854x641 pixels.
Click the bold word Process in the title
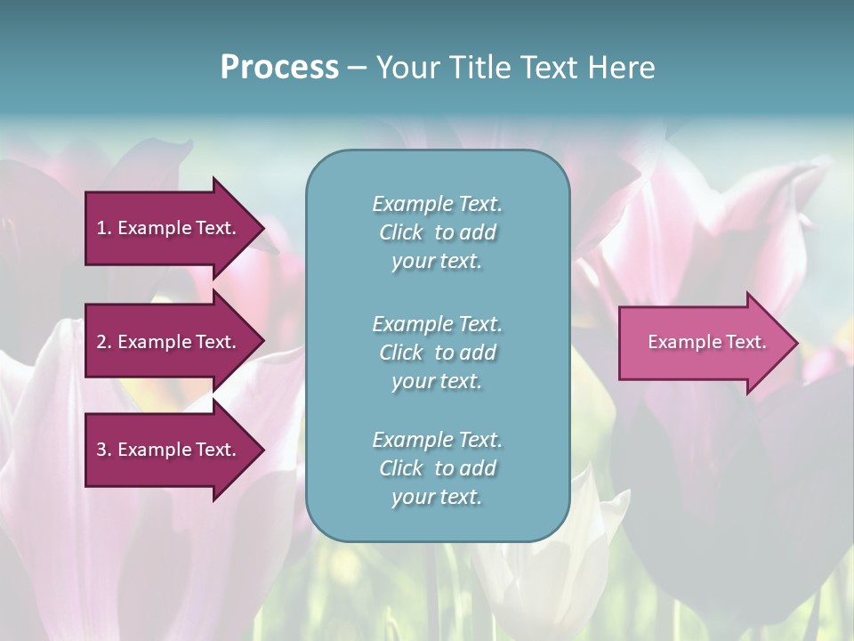[279, 68]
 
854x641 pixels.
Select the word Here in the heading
[621, 68]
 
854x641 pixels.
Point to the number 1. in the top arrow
[104, 228]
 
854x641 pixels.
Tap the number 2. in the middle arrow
[104, 342]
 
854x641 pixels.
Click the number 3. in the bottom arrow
[104, 450]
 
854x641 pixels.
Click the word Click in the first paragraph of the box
[401, 233]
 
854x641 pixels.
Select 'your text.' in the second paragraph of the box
[437, 381]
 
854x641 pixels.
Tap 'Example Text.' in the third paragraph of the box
[437, 440]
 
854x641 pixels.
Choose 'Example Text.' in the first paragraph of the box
[437, 204]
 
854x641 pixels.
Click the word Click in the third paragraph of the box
[401, 469]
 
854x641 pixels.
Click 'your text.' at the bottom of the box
[437, 498]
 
